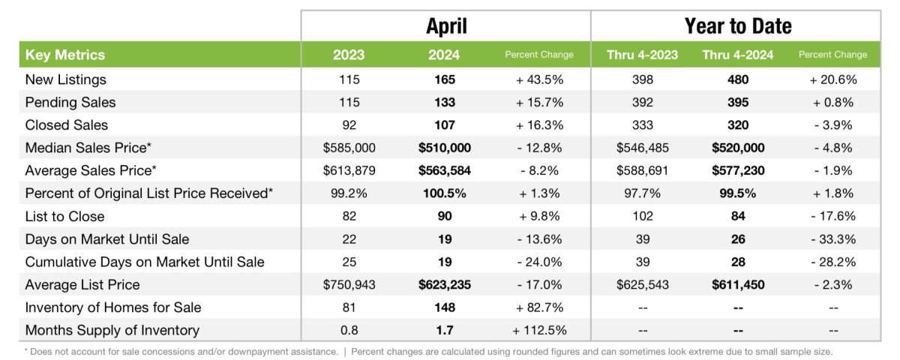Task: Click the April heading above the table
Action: tap(446, 26)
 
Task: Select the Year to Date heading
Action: tap(737, 26)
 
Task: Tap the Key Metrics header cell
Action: tap(65, 55)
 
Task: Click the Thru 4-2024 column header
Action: tap(738, 55)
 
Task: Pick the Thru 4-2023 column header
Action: tap(642, 55)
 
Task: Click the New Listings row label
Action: tap(66, 79)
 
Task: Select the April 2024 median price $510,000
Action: tap(445, 148)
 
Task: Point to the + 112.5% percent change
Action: tap(538, 330)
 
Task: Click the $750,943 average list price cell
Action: tap(349, 285)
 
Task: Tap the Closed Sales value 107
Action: tap(445, 124)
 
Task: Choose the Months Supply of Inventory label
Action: tap(112, 330)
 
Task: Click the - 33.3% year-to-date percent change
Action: tap(832, 239)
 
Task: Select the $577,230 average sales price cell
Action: tap(738, 170)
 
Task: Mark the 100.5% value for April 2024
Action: tap(445, 193)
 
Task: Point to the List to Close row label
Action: tap(65, 216)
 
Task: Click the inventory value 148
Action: tap(445, 307)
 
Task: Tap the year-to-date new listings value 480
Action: tap(738, 79)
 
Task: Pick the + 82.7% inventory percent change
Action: tap(538, 307)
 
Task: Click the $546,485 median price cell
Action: tap(642, 148)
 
